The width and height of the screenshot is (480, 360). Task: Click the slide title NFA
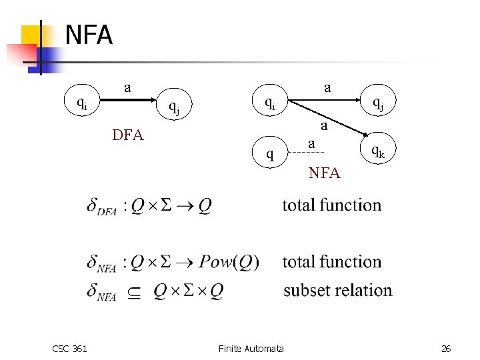pyautogui.click(x=89, y=35)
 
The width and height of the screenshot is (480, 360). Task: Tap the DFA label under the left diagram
pyautogui.click(x=127, y=135)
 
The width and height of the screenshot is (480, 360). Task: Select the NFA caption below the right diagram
pyautogui.click(x=324, y=173)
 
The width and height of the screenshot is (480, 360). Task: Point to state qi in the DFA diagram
pyautogui.click(x=81, y=103)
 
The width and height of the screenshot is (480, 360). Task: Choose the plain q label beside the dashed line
pyautogui.click(x=269, y=155)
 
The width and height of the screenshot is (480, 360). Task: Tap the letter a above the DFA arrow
pyautogui.click(x=127, y=87)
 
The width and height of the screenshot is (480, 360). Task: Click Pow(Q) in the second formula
pyautogui.click(x=229, y=262)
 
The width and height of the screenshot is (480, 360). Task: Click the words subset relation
pyautogui.click(x=337, y=291)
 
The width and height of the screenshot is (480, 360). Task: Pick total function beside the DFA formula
pyautogui.click(x=331, y=205)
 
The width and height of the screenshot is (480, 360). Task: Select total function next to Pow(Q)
pyautogui.click(x=331, y=262)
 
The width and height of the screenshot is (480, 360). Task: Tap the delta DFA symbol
pyautogui.click(x=102, y=207)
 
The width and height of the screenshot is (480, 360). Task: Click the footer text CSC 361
pyautogui.click(x=69, y=348)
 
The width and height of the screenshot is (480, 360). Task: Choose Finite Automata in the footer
pyautogui.click(x=251, y=348)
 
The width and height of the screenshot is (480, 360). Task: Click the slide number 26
pyautogui.click(x=446, y=348)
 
